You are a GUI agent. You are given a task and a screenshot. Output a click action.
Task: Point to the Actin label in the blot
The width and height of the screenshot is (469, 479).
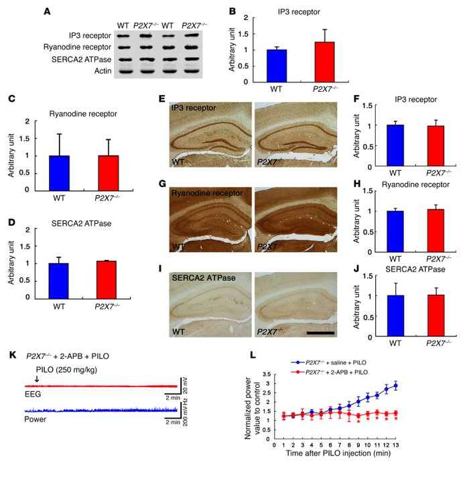click(x=96, y=71)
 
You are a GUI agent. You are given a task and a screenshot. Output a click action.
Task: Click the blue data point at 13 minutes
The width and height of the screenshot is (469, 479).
click(x=395, y=386)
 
